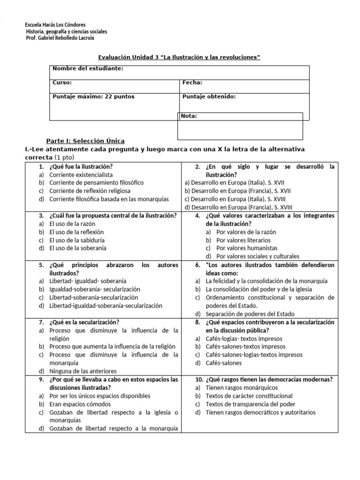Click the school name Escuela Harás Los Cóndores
(x=55, y=25)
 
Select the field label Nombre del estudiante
(x=88, y=68)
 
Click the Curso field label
(x=62, y=82)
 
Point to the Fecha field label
(x=192, y=82)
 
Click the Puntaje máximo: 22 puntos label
(x=93, y=97)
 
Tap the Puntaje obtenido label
(x=209, y=97)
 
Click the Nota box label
(x=189, y=116)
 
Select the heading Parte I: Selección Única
(x=85, y=141)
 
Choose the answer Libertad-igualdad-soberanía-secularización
(x=105, y=306)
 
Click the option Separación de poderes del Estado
(x=250, y=314)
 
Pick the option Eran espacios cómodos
(x=80, y=404)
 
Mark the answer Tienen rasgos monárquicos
(x=241, y=388)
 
